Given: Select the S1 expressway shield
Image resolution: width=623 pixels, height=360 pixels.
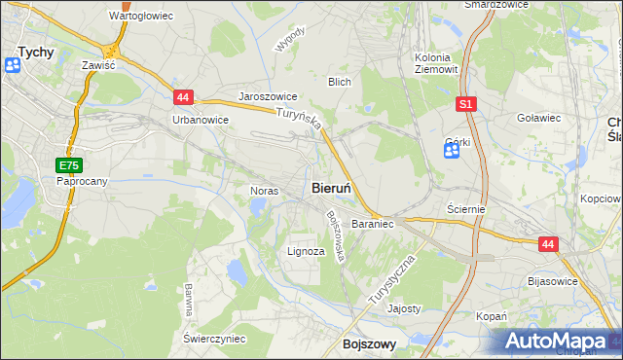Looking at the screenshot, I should tap(466, 103).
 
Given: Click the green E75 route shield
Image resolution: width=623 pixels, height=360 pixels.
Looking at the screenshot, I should tap(68, 165).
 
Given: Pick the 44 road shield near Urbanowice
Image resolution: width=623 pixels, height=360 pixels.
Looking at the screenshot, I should tap(184, 97).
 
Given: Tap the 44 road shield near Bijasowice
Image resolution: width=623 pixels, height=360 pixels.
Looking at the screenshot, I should tap(548, 245).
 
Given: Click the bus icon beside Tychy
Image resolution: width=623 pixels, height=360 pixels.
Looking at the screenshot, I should tap(13, 65).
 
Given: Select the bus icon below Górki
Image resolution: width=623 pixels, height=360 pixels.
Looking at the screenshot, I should tap(451, 155).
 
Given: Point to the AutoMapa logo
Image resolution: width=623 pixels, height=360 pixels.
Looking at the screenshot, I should tap(554, 342).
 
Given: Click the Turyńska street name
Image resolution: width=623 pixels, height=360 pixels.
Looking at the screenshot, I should tap(299, 121).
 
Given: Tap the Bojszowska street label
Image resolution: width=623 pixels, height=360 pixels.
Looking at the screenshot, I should tap(337, 236).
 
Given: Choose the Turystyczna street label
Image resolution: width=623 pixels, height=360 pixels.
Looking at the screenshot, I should tap(392, 281).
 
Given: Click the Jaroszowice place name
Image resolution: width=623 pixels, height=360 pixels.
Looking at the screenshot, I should tap(268, 97).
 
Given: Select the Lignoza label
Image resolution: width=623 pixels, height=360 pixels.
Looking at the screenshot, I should tap(306, 251).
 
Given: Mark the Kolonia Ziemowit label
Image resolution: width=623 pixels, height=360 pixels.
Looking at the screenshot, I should tap(435, 63).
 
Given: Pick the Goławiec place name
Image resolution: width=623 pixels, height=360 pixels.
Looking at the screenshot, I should tap(540, 117).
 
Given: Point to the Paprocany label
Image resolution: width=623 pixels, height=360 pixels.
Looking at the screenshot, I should tap(82, 181).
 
